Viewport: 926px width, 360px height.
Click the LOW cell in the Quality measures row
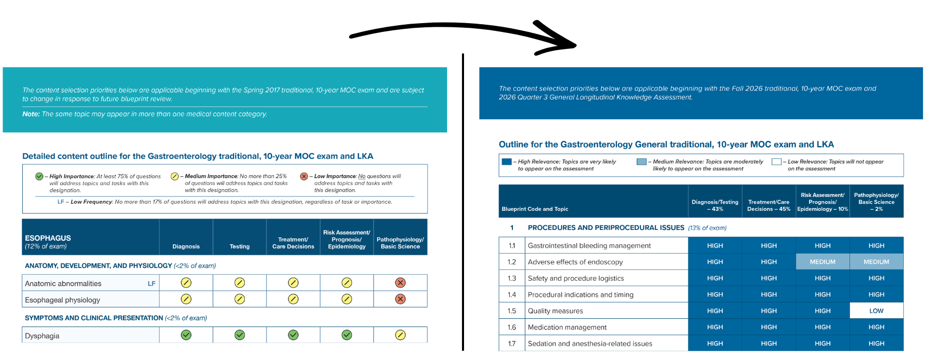click(x=876, y=311)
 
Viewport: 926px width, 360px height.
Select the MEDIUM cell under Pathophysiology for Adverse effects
click(x=876, y=262)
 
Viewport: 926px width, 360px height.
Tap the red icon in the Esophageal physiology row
click(x=400, y=299)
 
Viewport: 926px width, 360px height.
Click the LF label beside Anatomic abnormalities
click(x=151, y=283)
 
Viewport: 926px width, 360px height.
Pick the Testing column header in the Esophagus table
click(x=239, y=246)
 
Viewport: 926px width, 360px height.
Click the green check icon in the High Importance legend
click(x=39, y=176)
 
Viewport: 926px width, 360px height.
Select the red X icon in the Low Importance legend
click(x=304, y=176)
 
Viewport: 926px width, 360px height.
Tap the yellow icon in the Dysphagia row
click(x=400, y=335)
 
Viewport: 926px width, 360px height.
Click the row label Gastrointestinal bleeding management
click(x=589, y=246)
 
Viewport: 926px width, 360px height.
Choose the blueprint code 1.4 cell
click(x=512, y=295)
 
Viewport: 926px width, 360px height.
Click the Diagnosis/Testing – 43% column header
click(x=715, y=205)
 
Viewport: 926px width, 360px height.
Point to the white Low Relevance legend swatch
click(x=776, y=161)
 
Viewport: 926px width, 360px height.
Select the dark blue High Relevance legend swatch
click(x=507, y=161)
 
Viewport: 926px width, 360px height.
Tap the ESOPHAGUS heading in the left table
click(x=48, y=238)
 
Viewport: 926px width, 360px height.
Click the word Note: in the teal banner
click(x=31, y=114)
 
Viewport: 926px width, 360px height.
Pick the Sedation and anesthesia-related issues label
click(x=590, y=344)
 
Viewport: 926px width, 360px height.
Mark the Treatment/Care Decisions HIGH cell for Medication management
click(x=769, y=327)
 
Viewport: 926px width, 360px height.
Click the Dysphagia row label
click(x=42, y=336)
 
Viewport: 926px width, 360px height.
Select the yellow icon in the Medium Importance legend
click(x=174, y=176)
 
